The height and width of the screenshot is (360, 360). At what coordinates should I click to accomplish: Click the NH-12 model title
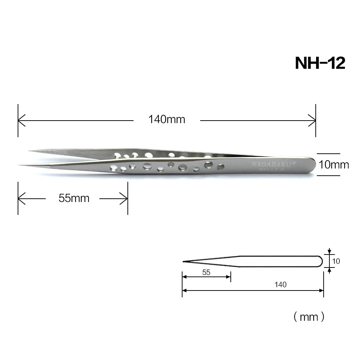click(320, 63)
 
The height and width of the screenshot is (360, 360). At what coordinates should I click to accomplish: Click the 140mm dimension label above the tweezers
click(166, 119)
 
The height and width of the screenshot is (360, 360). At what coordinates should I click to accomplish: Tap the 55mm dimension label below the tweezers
click(74, 198)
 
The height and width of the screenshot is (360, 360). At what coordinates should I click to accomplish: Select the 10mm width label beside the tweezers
click(334, 165)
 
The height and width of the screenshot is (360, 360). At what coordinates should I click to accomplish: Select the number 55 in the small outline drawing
click(206, 273)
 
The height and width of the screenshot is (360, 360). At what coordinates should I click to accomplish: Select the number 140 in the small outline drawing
click(280, 285)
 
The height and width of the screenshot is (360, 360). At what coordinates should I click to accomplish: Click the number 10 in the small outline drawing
click(336, 261)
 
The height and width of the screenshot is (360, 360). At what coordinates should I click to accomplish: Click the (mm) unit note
click(309, 317)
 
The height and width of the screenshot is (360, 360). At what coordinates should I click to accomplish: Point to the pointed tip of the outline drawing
click(183, 262)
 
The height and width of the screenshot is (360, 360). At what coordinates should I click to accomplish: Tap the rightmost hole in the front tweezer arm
click(221, 166)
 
